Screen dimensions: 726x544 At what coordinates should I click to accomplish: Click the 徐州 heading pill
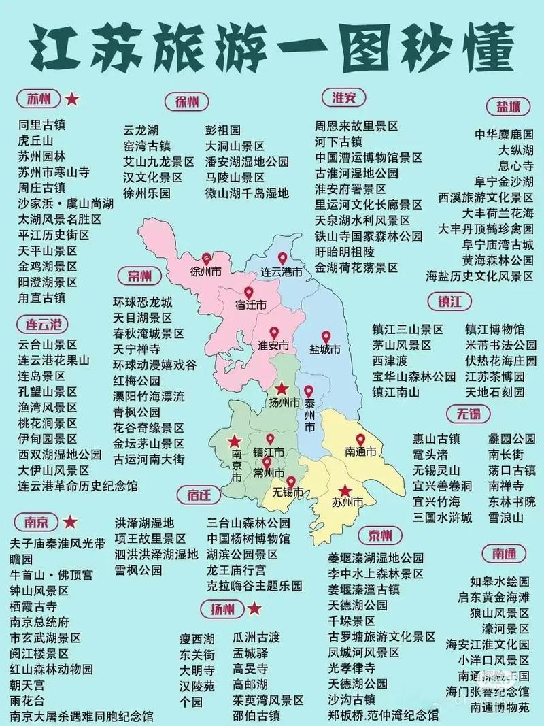click(187, 102)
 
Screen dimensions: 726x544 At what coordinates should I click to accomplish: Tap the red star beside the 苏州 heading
click(71, 99)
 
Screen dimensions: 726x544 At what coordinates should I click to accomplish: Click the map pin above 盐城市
click(325, 337)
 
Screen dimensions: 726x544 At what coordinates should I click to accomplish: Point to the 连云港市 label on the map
click(282, 271)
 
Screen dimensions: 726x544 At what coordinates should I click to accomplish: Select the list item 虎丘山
click(35, 141)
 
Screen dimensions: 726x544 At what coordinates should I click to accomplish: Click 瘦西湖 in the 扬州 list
click(197, 638)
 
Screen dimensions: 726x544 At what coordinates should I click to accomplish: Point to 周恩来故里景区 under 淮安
click(356, 126)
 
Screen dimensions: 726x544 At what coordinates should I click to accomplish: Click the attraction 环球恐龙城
click(143, 302)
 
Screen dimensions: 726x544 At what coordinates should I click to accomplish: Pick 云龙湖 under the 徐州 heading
click(141, 130)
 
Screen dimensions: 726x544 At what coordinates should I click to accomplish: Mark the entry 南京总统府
click(39, 622)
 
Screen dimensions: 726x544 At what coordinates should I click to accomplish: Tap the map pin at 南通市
click(360, 440)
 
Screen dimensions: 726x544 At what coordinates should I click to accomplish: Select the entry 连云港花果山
click(54, 360)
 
